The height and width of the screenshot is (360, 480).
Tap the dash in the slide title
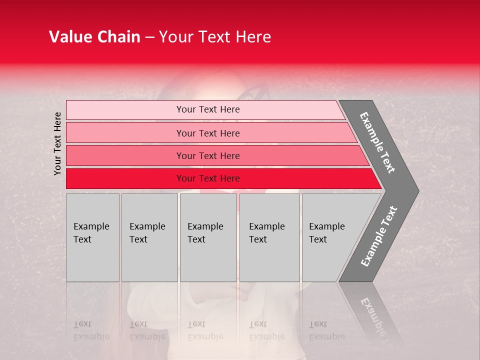tap(149, 37)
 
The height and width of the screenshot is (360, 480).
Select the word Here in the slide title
tap(253, 37)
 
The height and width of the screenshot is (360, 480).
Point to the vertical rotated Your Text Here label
tap(57, 143)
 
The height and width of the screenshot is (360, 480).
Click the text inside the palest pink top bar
tap(208, 109)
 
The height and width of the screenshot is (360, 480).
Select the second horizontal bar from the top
tap(208, 133)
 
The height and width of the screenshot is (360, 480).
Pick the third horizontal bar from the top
tap(208, 155)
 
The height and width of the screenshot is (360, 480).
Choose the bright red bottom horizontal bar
tap(208, 178)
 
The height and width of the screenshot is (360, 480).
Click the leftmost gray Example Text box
tap(92, 237)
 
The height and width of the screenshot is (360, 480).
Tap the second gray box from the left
tap(149, 237)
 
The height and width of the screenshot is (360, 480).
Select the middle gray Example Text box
tap(208, 237)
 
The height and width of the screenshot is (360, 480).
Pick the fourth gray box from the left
tap(269, 237)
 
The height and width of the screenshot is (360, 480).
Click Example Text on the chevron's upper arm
tap(377, 142)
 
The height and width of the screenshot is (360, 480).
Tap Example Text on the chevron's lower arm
tap(379, 236)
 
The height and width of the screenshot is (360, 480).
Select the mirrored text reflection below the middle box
tap(205, 330)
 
